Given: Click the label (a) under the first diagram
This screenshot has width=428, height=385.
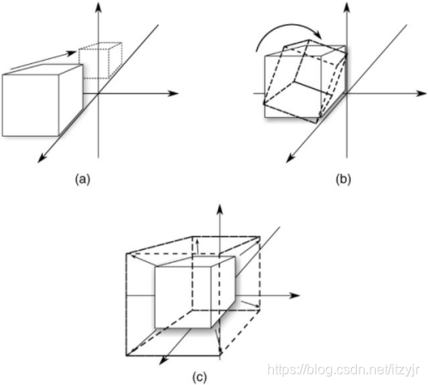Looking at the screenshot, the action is (x=82, y=180).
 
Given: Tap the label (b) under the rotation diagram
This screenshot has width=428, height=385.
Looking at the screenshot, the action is (x=343, y=180).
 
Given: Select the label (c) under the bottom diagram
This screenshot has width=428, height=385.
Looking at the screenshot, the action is (x=199, y=377).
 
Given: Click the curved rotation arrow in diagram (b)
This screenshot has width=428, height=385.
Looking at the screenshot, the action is (x=285, y=28).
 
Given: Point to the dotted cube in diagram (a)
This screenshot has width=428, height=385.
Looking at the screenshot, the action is (x=100, y=61).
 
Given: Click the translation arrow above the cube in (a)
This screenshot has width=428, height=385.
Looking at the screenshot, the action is (x=44, y=61).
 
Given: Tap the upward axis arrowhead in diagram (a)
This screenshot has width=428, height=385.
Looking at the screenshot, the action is (x=98, y=6).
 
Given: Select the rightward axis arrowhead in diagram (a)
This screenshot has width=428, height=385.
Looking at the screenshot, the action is (x=173, y=93).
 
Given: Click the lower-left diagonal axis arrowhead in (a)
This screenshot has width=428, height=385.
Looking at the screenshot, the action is (x=42, y=158).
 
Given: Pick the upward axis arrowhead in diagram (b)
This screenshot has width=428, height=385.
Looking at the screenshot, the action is (x=347, y=6).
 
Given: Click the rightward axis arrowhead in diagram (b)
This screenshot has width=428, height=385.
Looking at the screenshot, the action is (x=421, y=93).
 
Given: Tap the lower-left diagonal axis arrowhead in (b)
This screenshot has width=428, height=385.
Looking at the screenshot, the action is (x=290, y=158).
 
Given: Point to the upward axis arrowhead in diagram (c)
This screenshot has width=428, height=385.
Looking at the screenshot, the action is (x=220, y=210).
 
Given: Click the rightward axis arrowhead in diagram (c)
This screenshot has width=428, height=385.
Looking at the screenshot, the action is (x=294, y=295).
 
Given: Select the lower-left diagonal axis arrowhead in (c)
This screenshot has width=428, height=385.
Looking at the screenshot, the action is (x=163, y=360).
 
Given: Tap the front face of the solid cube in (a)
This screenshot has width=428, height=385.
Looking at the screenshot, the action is (x=31, y=105).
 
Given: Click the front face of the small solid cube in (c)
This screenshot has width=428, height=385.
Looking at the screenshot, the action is (x=183, y=297).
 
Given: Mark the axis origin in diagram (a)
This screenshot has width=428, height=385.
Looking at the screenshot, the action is (x=98, y=93).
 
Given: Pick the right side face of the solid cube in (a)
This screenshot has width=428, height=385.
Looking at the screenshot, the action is (x=71, y=100).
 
